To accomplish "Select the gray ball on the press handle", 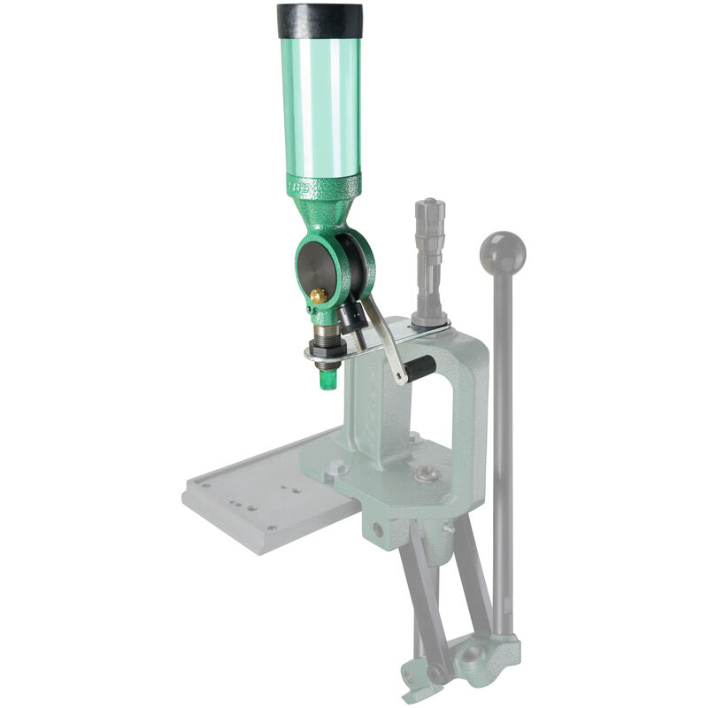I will tap(502, 253).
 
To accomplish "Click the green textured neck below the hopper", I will tap(324, 204).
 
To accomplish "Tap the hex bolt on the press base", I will tap(335, 467).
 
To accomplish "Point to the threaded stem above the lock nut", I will tap(327, 335).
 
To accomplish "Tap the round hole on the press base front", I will tap(378, 530).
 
